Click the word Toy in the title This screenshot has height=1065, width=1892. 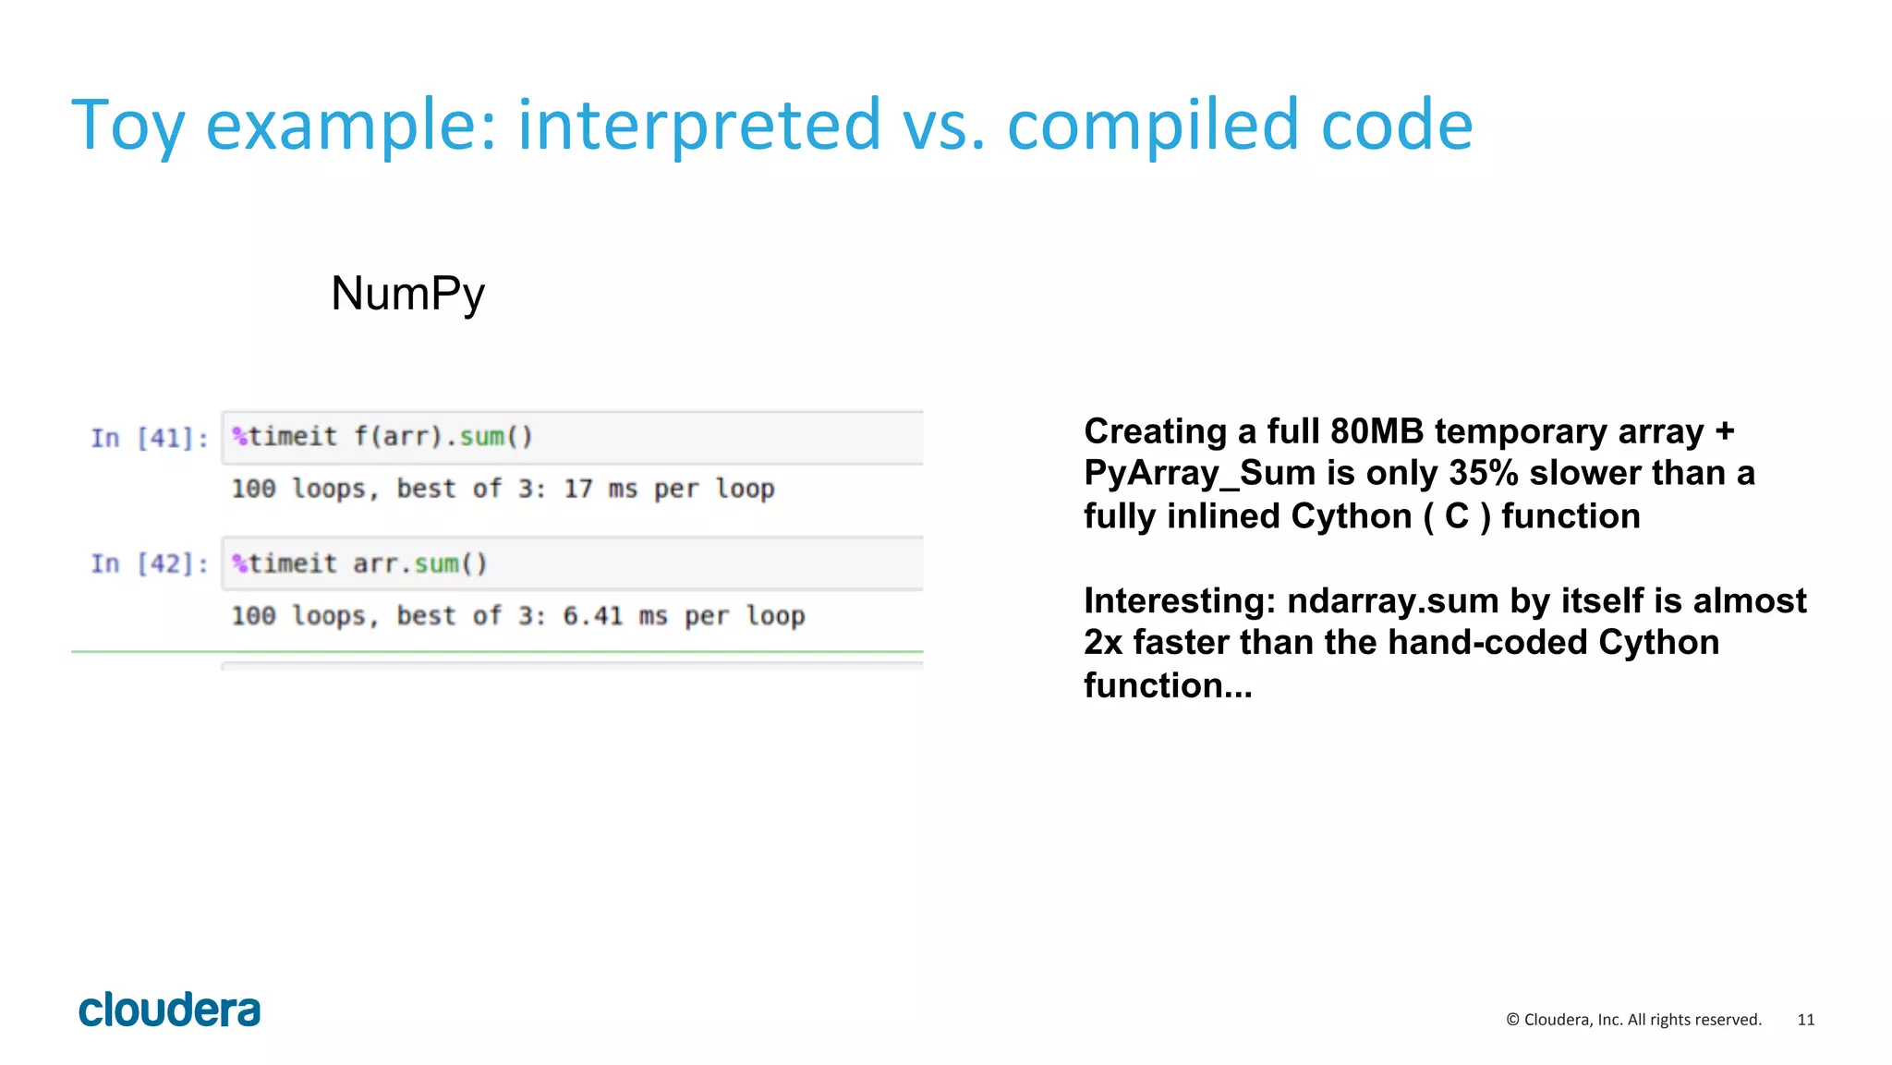127,126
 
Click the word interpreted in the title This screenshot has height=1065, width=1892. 698,126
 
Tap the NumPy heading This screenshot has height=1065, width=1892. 407,294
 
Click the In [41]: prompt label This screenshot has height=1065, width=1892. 149,438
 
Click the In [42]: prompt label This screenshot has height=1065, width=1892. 149,563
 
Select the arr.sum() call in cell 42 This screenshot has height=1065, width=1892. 419,563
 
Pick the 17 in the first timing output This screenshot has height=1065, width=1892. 578,489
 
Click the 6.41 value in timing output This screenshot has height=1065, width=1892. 593,615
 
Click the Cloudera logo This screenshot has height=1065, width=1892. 169,1011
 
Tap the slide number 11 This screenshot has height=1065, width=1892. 1805,1020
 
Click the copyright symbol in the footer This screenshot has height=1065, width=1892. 1512,1020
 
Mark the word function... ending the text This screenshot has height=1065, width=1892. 1167,685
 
